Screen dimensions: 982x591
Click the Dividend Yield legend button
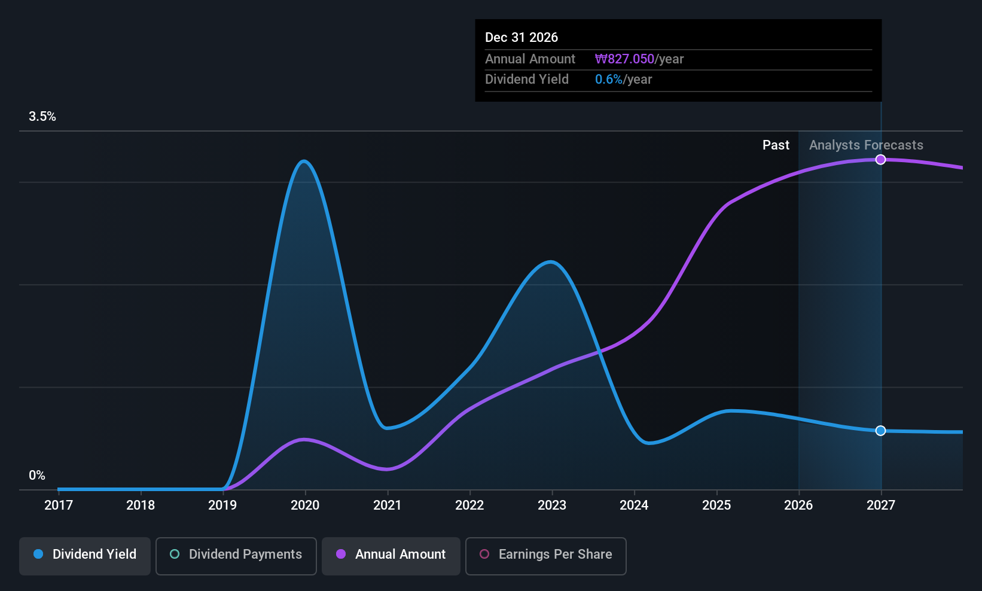tap(84, 556)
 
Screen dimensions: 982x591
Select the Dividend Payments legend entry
tap(236, 556)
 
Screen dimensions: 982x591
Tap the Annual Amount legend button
tap(391, 556)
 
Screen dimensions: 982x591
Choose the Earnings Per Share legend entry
tap(546, 556)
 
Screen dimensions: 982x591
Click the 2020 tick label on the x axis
tap(305, 505)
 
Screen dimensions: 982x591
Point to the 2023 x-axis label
tap(552, 505)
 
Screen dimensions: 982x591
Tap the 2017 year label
tap(59, 505)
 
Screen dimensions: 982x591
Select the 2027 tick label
tap(881, 505)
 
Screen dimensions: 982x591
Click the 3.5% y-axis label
tap(42, 117)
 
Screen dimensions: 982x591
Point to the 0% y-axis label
tap(37, 476)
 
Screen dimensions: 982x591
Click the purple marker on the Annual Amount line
tap(880, 160)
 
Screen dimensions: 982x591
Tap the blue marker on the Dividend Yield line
tap(880, 431)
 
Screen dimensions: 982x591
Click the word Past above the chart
tap(776, 145)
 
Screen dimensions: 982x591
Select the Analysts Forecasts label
tap(866, 145)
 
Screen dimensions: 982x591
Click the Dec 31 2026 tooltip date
tap(522, 38)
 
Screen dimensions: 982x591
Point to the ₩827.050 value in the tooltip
tap(624, 59)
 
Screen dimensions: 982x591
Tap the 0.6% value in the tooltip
tap(608, 80)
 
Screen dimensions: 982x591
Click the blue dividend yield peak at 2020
tap(304, 162)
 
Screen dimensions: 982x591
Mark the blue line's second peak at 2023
tap(550, 262)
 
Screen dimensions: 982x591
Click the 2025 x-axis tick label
tap(716, 505)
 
